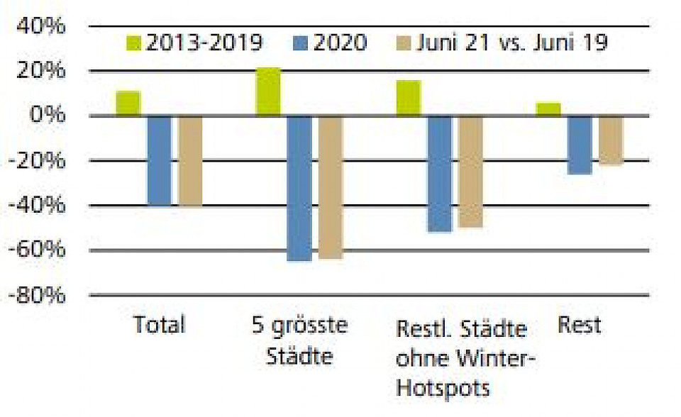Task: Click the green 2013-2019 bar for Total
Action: coord(128,104)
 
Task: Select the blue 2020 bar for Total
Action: coord(160,160)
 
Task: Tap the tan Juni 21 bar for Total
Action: coord(190,161)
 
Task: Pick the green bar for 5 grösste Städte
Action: coord(268,91)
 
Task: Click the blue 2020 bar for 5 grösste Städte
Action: coord(299,188)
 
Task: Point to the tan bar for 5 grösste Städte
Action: coord(331,187)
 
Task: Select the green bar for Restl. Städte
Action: coord(409,98)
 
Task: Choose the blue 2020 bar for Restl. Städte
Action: coord(440,174)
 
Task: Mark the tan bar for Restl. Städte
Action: coord(470,172)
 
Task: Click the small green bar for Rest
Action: coord(548,109)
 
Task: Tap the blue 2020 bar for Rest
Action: coord(580,145)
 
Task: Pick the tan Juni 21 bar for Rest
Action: coord(611,140)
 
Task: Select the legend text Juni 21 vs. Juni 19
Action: coord(510,43)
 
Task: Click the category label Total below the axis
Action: coord(160,326)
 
